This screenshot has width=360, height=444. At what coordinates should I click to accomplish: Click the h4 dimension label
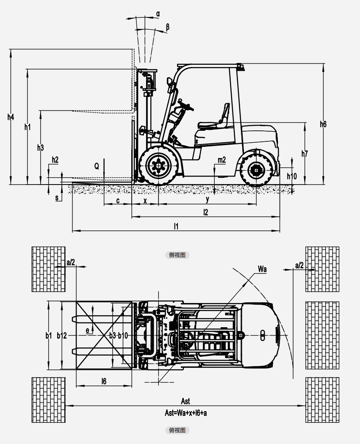tap(11, 117)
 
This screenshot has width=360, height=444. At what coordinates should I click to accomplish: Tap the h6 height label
tap(323, 124)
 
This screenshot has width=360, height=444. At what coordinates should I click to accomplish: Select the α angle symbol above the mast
tap(158, 14)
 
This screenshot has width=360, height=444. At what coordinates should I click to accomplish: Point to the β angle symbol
tap(168, 27)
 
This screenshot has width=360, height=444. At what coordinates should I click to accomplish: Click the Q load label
tap(97, 166)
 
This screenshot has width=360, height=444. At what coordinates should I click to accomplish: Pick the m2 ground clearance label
tap(222, 160)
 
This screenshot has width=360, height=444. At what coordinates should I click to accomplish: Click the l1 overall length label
tap(176, 226)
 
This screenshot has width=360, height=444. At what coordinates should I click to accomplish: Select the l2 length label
tap(206, 212)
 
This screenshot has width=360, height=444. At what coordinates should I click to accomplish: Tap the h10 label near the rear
tap(292, 176)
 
